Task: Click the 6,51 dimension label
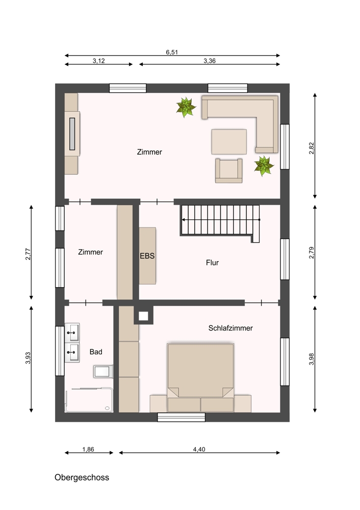tap(172, 52)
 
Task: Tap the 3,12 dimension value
tap(98, 61)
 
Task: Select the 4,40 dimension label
tap(199, 449)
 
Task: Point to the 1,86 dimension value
tap(88, 449)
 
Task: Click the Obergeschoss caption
tap(82, 477)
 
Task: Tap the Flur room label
tap(212, 263)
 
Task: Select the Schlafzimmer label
tap(230, 328)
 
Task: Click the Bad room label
tap(96, 351)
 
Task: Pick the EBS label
tap(147, 256)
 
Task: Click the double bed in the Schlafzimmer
tap(200, 377)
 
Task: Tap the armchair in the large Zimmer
tap(228, 170)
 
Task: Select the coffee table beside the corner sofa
tap(229, 142)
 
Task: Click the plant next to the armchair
tap(264, 166)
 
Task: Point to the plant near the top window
tap(186, 107)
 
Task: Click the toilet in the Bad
tap(104, 371)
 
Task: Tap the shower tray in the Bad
tap(89, 400)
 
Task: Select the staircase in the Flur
tap(220, 222)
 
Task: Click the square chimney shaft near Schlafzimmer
tap(143, 316)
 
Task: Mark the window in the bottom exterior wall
tap(181, 417)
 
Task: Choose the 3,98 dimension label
tap(312, 359)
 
